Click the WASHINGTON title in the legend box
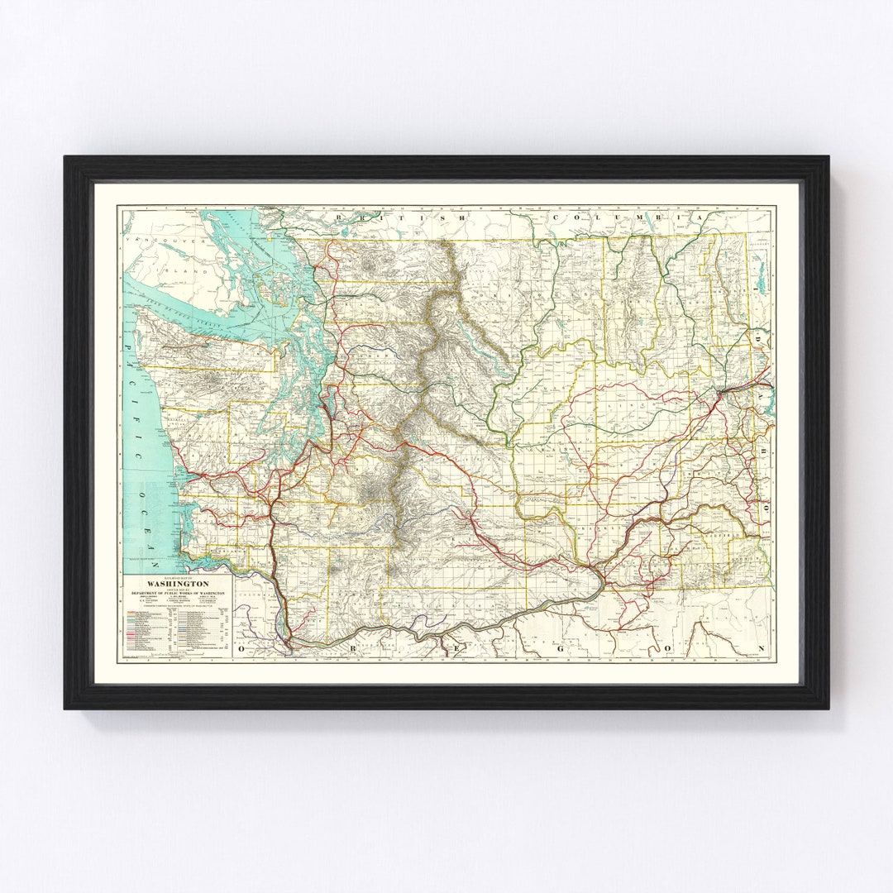coord(178,581)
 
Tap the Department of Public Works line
coord(178,593)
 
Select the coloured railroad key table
coord(178,633)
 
